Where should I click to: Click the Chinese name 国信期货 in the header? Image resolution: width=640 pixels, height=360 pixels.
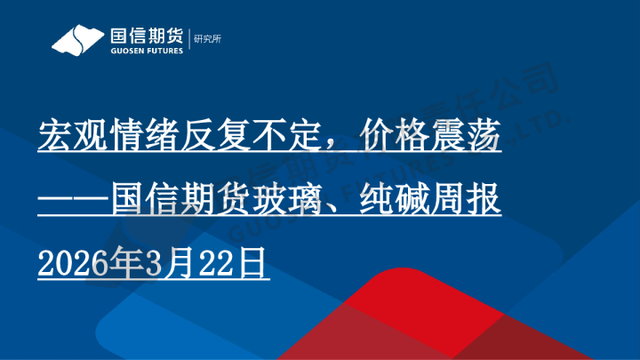[145, 36]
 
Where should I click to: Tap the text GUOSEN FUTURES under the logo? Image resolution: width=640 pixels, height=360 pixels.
[145, 52]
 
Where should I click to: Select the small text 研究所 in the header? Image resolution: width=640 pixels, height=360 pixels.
[206, 38]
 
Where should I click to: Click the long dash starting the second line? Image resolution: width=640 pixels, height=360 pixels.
[76, 201]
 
